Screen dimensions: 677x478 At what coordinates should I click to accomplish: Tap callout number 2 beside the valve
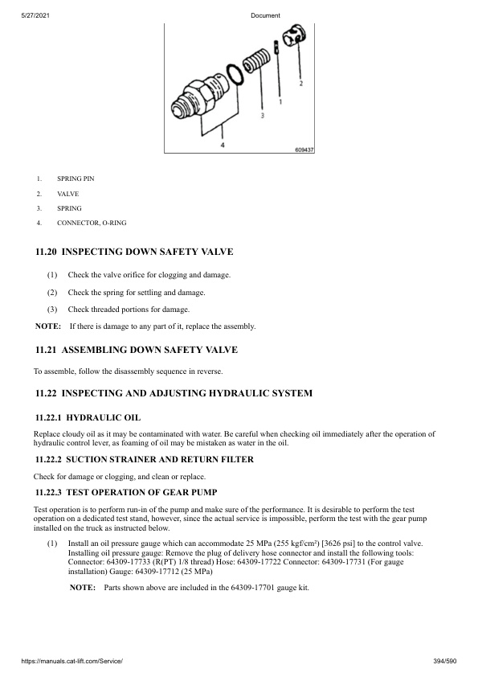(x=300, y=83)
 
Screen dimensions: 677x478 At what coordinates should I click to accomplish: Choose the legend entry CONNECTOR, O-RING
(x=91, y=222)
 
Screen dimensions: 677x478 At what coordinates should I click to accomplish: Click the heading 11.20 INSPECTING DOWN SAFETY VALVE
(x=134, y=252)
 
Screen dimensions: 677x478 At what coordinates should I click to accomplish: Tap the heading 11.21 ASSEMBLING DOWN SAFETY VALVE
(x=137, y=351)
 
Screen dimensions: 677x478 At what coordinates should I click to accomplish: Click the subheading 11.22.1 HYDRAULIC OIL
(x=88, y=418)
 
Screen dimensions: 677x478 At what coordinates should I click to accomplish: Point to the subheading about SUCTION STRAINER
(x=145, y=459)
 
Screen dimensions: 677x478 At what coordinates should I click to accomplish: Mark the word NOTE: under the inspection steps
(x=48, y=326)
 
